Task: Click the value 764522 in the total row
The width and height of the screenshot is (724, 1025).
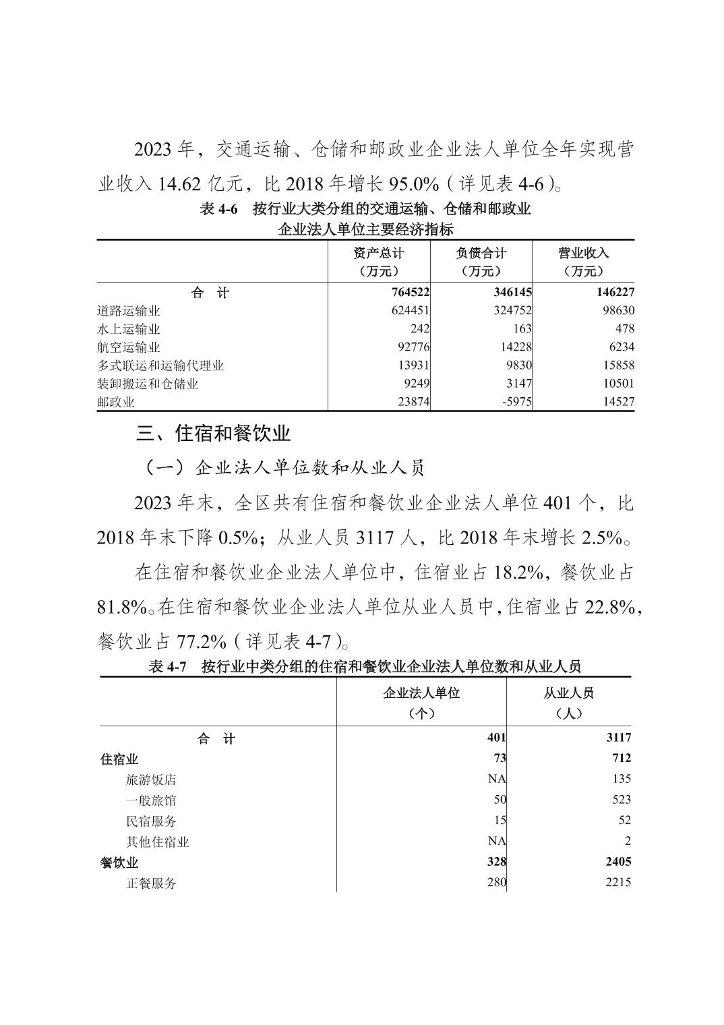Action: pyautogui.click(x=405, y=293)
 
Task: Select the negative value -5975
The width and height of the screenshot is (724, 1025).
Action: pyautogui.click(x=513, y=402)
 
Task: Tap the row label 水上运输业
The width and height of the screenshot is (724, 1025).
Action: pyautogui.click(x=129, y=329)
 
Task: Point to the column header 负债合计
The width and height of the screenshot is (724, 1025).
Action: pyautogui.click(x=481, y=253)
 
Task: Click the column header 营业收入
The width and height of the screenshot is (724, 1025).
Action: pyautogui.click(x=583, y=253)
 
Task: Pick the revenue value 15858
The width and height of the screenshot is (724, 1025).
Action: pyautogui.click(x=615, y=365)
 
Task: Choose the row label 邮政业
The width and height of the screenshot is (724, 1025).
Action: pyautogui.click(x=116, y=402)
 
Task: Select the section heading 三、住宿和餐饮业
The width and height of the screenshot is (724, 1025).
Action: pyautogui.click(x=213, y=433)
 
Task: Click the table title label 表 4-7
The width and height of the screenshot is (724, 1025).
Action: pyautogui.click(x=167, y=667)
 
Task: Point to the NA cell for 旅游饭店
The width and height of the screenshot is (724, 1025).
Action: pyautogui.click(x=497, y=779)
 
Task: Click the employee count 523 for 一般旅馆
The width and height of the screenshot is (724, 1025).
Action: pyautogui.click(x=617, y=800)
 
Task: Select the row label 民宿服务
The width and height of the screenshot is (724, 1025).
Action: pyautogui.click(x=151, y=821)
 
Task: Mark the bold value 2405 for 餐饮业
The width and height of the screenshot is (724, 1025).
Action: pyautogui.click(x=615, y=862)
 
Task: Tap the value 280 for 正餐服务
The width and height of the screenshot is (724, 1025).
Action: pyautogui.click(x=496, y=882)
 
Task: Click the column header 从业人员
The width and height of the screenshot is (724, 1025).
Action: pyautogui.click(x=568, y=693)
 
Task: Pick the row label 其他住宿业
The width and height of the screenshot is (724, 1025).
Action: pyautogui.click(x=158, y=842)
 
